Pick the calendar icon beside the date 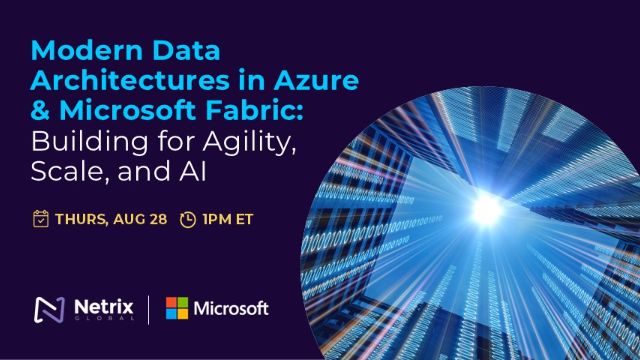click(x=41, y=219)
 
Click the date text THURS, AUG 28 click(x=110, y=219)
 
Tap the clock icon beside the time click(x=188, y=219)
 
